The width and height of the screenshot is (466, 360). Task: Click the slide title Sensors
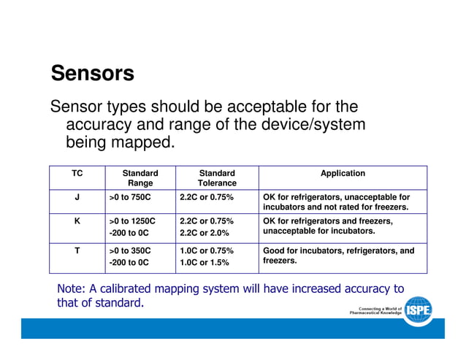click(92, 74)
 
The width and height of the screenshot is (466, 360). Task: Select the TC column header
click(77, 173)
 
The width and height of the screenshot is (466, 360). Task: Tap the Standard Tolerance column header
click(217, 178)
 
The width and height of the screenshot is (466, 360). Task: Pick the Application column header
click(343, 173)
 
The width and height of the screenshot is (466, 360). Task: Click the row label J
click(77, 197)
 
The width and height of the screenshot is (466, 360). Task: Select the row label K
click(77, 221)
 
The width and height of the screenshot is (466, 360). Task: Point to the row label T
click(77, 250)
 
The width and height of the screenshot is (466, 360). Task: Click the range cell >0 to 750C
click(130, 197)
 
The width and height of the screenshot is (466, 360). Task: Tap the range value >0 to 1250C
click(132, 221)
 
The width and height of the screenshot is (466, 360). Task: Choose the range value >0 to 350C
click(130, 250)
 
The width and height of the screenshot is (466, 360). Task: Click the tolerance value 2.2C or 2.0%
click(205, 233)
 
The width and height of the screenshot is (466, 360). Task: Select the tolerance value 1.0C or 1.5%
click(205, 262)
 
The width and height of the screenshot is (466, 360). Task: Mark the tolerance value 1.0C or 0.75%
click(207, 250)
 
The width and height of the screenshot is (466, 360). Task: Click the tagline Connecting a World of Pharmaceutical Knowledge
click(375, 311)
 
